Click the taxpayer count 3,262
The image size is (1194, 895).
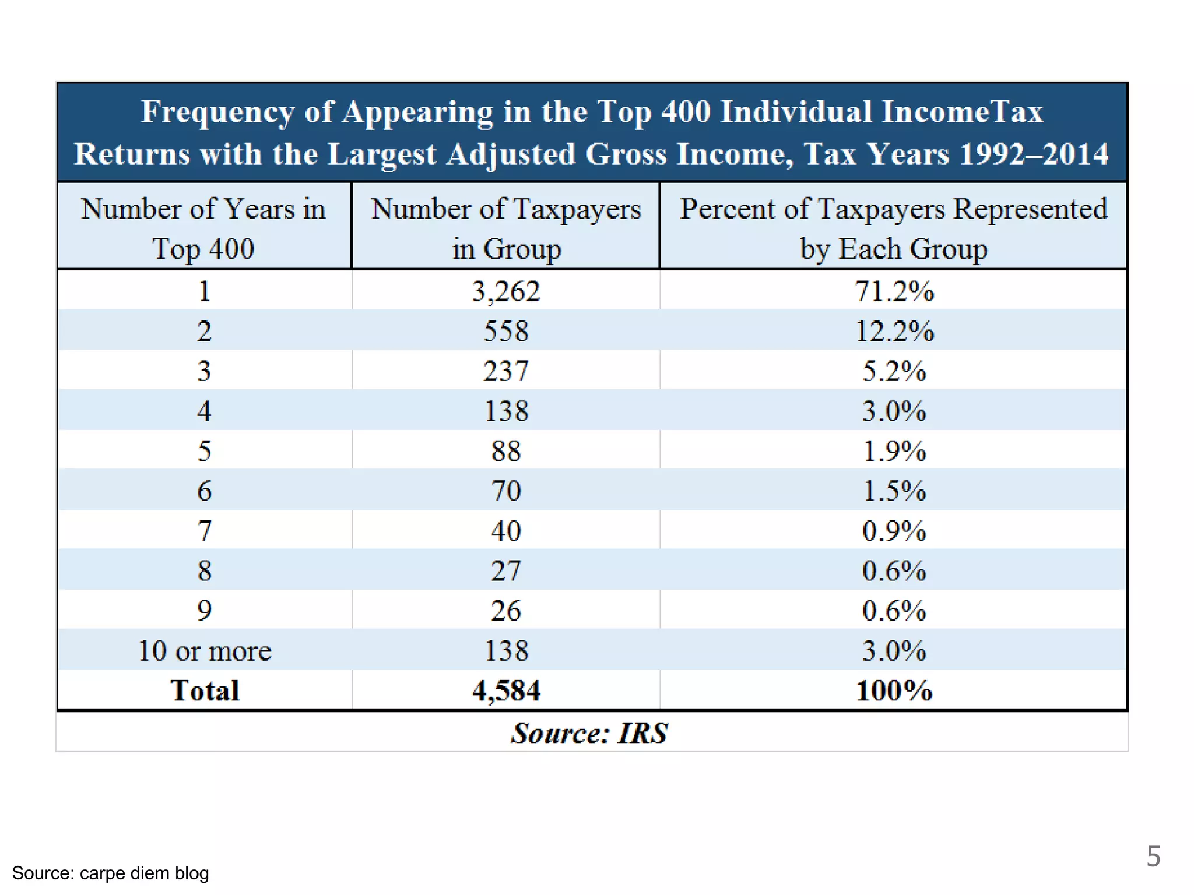506,291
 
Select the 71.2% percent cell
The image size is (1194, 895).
894,291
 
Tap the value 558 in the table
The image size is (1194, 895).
506,331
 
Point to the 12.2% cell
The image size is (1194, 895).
894,331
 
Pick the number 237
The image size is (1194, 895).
506,371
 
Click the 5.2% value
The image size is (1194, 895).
894,371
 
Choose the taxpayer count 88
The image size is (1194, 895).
506,450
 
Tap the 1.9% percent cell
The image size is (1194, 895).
894,450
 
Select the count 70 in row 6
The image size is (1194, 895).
506,491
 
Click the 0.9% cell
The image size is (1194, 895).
894,530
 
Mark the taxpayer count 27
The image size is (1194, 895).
506,570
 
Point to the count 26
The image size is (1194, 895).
506,611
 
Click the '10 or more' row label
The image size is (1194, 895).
205,650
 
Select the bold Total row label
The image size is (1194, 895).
205,690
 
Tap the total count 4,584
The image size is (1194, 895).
506,690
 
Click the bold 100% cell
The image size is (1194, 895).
894,690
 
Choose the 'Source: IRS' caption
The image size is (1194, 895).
589,733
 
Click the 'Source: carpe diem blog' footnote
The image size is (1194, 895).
110,873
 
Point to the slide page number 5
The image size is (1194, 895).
1153,857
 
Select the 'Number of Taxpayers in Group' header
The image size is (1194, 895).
506,228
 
